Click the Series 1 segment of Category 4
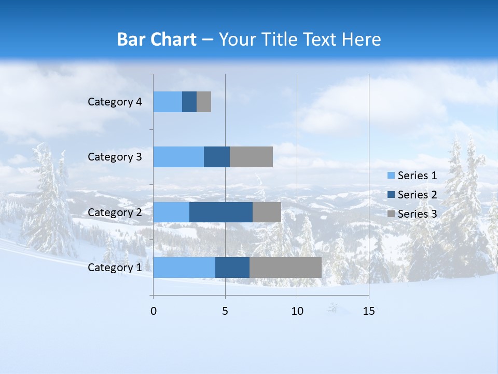point(168,102)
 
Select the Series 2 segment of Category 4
point(189,102)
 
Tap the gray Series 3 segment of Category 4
point(204,102)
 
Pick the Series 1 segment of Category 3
point(178,157)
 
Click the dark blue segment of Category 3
point(217,157)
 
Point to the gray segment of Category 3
point(251,157)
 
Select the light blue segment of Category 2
point(171,212)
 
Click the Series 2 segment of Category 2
point(221,212)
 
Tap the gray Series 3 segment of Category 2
point(267,212)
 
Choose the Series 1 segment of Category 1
point(184,267)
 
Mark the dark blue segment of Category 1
point(232,267)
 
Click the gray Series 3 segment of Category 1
point(285,267)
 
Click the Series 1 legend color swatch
point(391,176)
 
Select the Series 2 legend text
point(417,195)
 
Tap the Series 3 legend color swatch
point(391,214)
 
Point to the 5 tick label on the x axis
point(225,311)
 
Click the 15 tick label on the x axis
point(369,311)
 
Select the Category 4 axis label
point(115,102)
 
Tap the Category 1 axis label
point(115,268)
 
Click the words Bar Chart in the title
point(157,39)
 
